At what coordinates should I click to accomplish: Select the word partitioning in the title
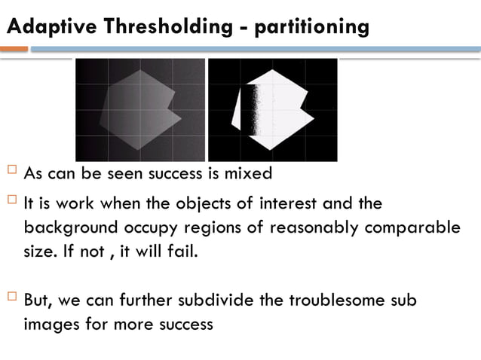tap(312, 28)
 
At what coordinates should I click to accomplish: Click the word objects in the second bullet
tap(226, 204)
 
